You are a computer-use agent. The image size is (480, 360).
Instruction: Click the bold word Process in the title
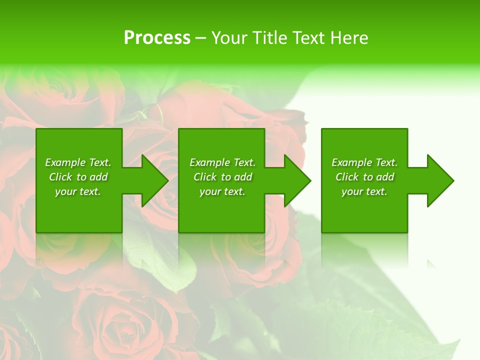point(157,38)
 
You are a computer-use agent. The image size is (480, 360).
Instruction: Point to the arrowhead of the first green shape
point(154,180)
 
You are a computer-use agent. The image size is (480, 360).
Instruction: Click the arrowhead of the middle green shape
point(297,180)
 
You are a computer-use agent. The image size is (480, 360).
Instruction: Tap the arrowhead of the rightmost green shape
point(440,180)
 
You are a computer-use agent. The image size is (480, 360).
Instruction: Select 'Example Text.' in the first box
point(78,162)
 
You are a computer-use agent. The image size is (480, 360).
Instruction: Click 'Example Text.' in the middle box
point(222,162)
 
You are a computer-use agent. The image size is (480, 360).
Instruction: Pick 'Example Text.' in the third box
point(364,162)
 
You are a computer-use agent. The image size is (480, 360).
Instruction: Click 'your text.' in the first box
point(78,191)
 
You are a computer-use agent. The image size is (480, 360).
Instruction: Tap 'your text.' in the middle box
point(222,191)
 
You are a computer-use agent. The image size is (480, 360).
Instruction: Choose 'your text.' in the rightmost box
point(364,191)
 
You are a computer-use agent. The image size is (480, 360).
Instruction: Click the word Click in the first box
point(60,177)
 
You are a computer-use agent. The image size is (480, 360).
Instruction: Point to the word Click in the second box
point(205,177)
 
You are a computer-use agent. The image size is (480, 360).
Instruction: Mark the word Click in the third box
point(347,177)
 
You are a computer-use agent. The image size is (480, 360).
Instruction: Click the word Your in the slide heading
point(228,38)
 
